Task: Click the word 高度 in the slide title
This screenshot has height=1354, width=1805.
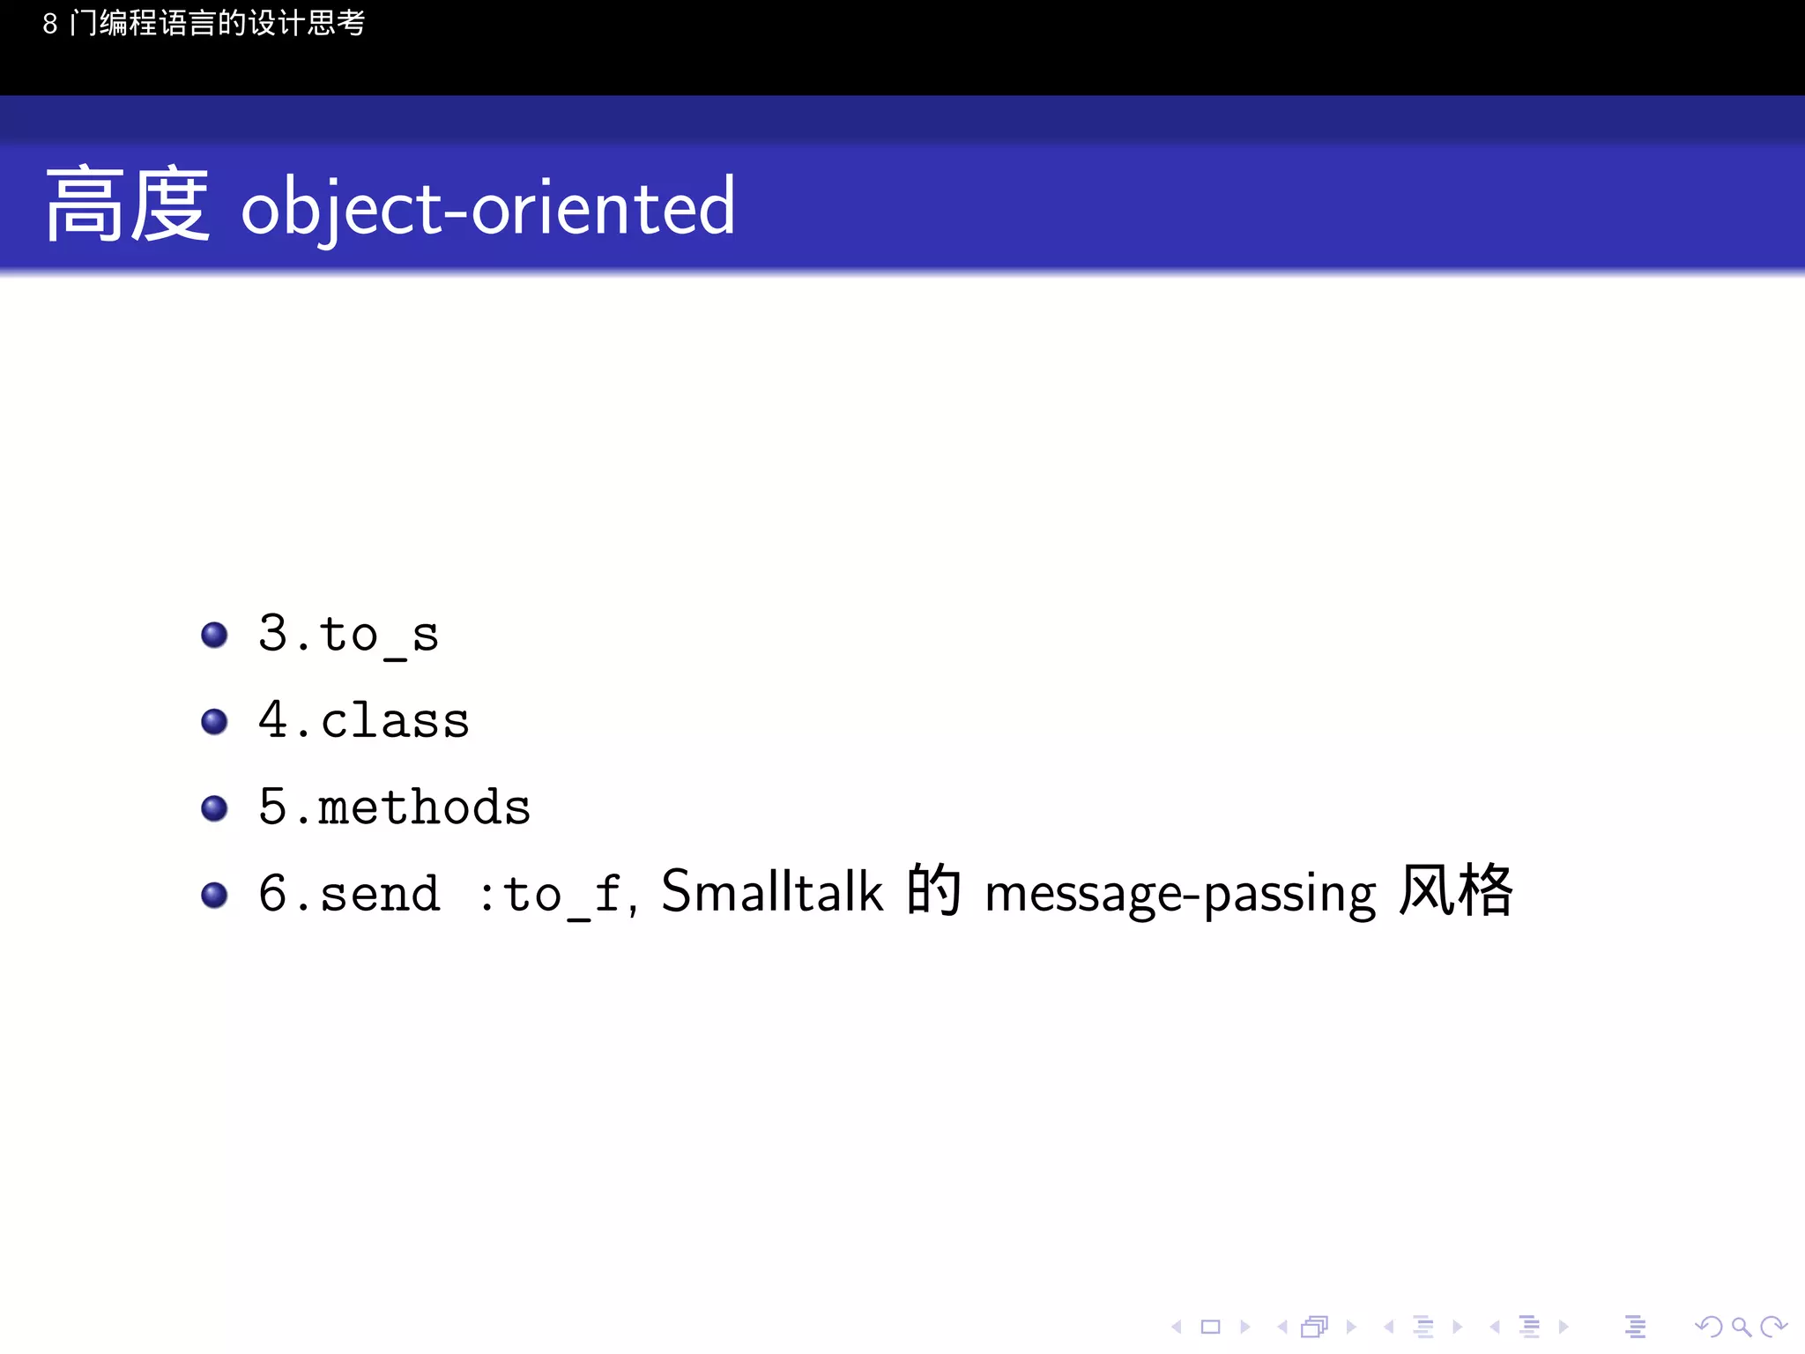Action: point(128,205)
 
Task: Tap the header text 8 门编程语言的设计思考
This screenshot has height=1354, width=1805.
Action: point(204,24)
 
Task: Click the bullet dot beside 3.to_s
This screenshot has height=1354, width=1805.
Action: point(214,635)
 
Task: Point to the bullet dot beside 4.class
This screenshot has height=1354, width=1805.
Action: point(214,722)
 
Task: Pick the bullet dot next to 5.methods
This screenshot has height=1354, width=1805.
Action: point(214,808)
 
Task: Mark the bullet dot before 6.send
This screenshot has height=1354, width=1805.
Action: point(214,895)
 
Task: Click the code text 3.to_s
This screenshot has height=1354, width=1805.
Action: point(348,635)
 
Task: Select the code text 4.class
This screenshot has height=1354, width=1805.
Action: point(363,720)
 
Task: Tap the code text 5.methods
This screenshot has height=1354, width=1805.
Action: point(394,807)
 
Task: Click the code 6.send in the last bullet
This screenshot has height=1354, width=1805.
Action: point(349,894)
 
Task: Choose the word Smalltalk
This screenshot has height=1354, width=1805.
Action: point(771,891)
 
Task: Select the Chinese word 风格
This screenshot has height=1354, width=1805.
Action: point(1456,890)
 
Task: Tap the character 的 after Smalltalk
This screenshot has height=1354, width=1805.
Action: point(933,890)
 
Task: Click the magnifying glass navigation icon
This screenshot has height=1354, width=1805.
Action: point(1741,1327)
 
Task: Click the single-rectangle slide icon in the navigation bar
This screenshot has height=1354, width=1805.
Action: point(1210,1327)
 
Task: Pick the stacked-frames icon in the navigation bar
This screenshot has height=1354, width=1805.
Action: point(1314,1327)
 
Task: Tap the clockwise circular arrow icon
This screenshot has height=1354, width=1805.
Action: point(1772,1327)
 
